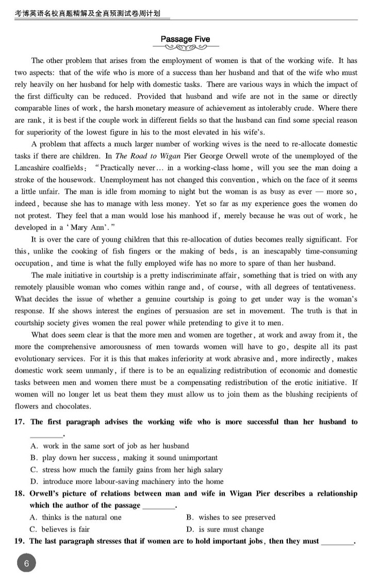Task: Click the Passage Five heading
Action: (185, 39)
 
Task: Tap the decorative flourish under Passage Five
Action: (185, 48)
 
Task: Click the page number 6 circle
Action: (27, 563)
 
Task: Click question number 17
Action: (20, 422)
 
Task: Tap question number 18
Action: (20, 493)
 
